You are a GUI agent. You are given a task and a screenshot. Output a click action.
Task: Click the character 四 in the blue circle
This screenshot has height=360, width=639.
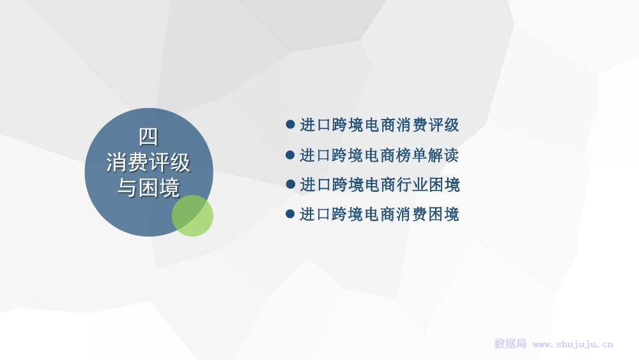tap(148, 137)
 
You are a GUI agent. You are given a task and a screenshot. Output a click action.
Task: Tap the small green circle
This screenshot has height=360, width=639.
tap(192, 215)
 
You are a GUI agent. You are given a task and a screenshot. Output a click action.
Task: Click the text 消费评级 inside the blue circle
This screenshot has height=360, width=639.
tap(148, 162)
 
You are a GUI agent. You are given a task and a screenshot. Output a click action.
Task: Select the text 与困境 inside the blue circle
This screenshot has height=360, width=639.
tap(148, 188)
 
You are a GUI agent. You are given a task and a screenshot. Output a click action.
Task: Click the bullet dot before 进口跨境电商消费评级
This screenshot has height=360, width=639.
tap(290, 124)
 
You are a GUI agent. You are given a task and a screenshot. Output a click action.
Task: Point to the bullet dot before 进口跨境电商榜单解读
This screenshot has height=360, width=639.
tap(290, 155)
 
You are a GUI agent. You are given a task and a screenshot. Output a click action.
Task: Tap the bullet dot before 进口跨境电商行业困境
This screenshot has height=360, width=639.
tap(290, 184)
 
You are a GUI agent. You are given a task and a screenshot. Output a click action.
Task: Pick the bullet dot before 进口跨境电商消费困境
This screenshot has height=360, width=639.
tap(290, 214)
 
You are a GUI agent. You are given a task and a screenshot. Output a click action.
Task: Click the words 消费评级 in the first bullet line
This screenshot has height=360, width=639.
tap(428, 125)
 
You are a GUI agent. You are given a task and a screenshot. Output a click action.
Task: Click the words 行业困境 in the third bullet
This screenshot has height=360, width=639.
tap(428, 185)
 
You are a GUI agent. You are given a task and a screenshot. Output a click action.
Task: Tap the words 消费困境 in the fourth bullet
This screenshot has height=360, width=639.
tap(428, 214)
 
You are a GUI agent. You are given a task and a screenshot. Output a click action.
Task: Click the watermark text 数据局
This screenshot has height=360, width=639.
tap(510, 343)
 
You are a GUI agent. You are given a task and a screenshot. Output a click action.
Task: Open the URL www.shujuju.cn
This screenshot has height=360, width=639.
tap(573, 345)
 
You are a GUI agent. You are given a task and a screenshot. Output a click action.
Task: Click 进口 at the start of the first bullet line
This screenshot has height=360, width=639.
tap(315, 125)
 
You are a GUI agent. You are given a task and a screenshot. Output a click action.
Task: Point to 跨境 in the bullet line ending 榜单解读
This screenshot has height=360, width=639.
tap(347, 155)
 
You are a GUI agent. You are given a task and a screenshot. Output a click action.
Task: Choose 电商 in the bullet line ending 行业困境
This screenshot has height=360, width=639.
tap(380, 185)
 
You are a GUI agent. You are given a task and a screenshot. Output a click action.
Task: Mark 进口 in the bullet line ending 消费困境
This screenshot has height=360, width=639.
tap(315, 214)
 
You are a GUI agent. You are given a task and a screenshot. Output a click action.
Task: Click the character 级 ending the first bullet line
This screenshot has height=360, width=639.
tap(452, 125)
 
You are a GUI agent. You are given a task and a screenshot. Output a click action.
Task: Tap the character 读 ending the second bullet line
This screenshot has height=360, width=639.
tap(452, 155)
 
